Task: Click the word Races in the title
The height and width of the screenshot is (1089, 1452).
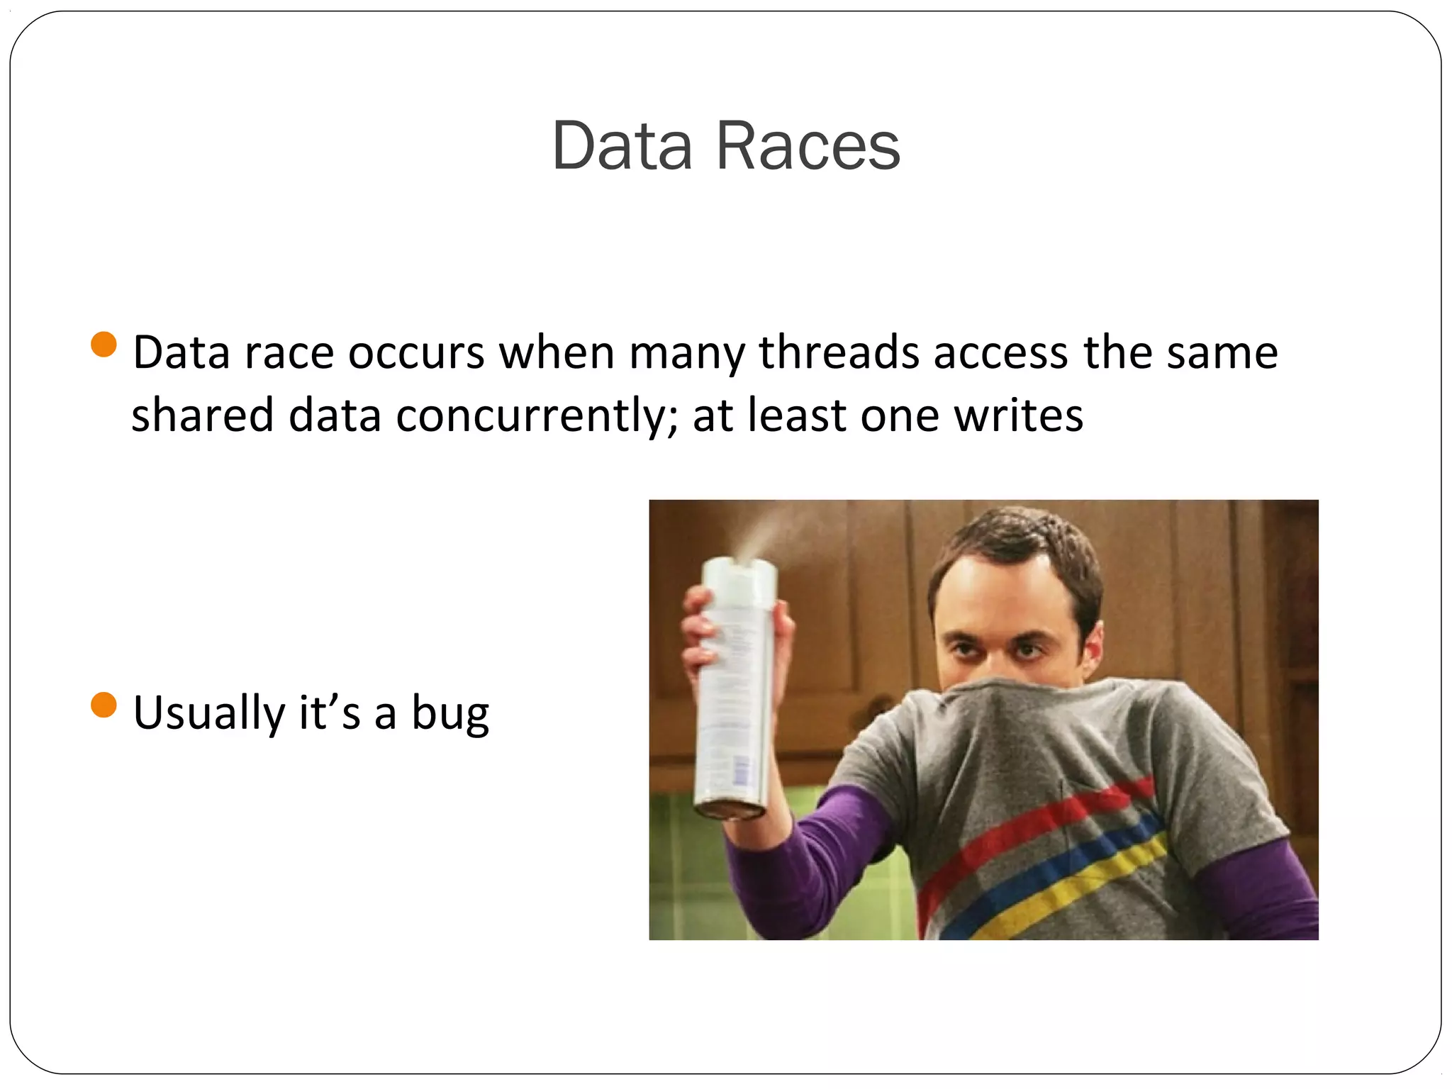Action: click(x=808, y=146)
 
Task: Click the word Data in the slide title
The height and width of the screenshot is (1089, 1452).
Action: click(x=622, y=146)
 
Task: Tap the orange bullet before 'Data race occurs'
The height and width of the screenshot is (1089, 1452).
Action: click(x=104, y=345)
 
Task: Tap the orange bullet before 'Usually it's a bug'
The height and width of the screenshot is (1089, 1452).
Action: click(x=104, y=705)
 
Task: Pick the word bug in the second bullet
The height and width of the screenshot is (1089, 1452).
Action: click(x=450, y=713)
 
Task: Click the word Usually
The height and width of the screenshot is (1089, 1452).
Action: click(x=208, y=713)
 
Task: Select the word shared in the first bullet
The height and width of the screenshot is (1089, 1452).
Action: click(x=202, y=416)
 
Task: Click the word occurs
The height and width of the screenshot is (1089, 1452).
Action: click(x=416, y=352)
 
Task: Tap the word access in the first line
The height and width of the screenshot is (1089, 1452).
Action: click(x=1000, y=352)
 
